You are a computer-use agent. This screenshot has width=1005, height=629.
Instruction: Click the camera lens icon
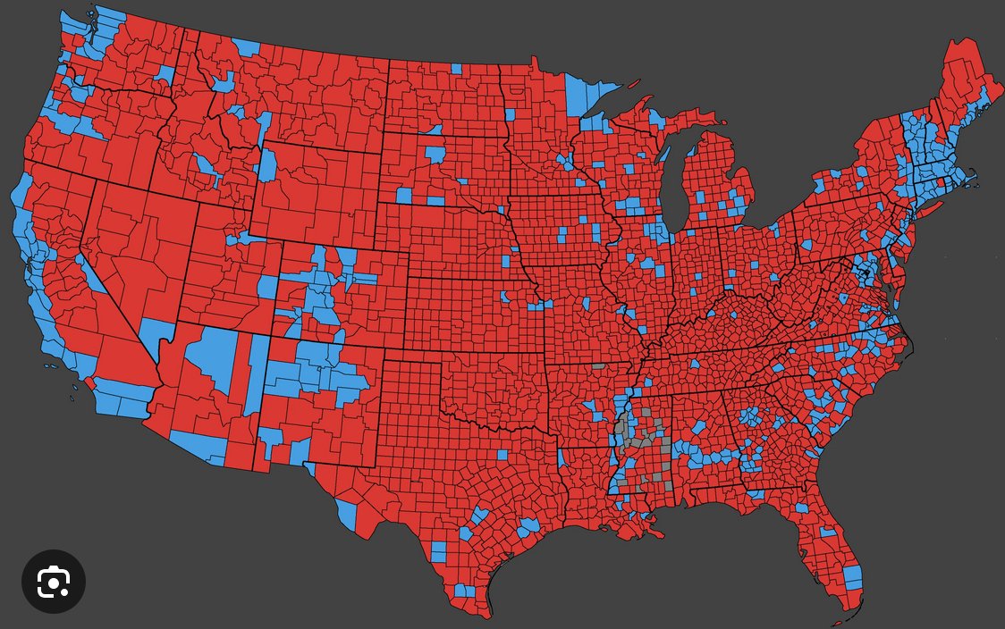pyautogui.click(x=54, y=582)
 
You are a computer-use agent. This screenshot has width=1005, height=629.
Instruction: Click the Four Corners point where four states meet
pyautogui.click(x=268, y=338)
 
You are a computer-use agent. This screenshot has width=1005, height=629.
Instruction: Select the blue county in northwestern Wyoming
pyautogui.click(x=267, y=165)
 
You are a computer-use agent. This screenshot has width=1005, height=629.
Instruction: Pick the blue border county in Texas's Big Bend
pyautogui.click(x=347, y=514)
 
